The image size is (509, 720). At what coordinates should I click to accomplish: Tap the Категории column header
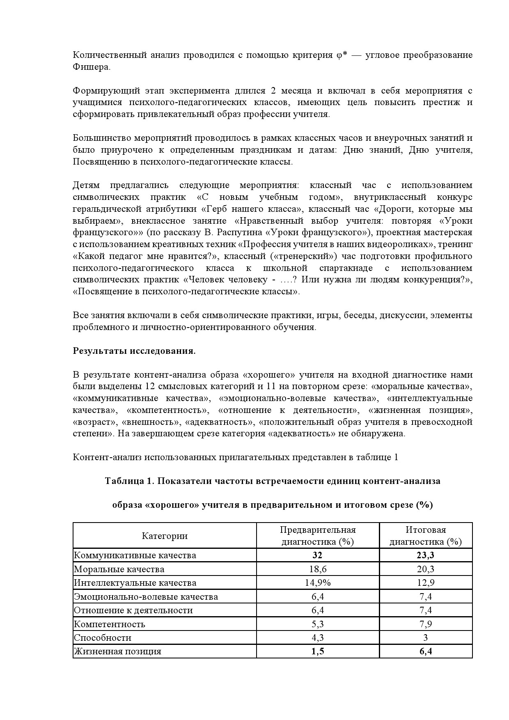(x=165, y=536)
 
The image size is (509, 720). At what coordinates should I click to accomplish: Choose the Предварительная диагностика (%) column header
(x=318, y=536)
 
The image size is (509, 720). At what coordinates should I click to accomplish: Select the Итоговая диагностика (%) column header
(x=426, y=536)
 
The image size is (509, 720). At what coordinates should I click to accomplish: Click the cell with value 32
(x=318, y=555)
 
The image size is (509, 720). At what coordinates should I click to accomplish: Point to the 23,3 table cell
(x=426, y=555)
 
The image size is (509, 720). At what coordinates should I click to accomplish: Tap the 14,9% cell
(x=318, y=583)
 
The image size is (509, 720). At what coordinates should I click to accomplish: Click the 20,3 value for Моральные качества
(x=426, y=569)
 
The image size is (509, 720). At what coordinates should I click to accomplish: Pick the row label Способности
(x=103, y=638)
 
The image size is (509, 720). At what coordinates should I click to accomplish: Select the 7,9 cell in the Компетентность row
(x=426, y=624)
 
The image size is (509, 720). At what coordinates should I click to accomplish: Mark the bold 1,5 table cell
(x=318, y=651)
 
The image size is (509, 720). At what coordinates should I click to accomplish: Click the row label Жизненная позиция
(x=117, y=651)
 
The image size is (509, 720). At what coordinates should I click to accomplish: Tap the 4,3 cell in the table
(x=318, y=638)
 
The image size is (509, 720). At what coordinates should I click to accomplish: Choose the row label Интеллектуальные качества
(x=135, y=583)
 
